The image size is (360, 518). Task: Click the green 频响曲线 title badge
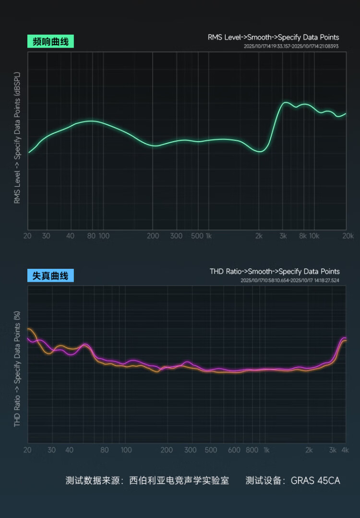[50, 42]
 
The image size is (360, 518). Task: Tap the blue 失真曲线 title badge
[50, 276]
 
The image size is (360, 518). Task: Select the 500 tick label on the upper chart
[197, 236]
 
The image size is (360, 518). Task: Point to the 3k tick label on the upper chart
[283, 236]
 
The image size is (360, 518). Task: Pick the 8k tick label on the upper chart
[303, 236]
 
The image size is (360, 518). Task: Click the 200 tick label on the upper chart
[153, 236]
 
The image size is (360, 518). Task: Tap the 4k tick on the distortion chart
[345, 450]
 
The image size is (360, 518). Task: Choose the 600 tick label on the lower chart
[234, 450]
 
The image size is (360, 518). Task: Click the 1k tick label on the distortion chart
[266, 450]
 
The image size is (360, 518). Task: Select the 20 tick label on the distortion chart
[27, 450]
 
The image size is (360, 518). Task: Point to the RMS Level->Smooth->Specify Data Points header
[273, 37]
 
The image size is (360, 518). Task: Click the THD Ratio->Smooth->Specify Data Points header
[275, 271]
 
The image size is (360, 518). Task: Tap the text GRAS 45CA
[315, 480]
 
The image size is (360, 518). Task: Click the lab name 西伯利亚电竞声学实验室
[179, 480]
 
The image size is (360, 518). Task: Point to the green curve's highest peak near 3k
[286, 102]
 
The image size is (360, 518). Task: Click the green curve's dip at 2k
[260, 152]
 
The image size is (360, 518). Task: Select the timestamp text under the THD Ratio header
[290, 280]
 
